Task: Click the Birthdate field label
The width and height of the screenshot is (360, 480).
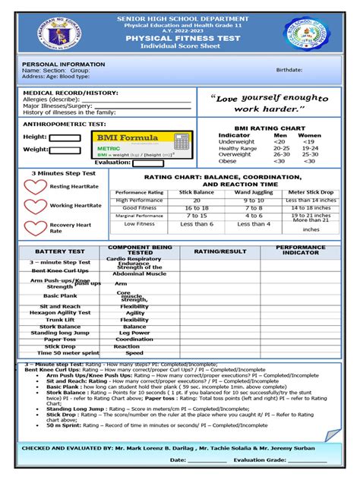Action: pyautogui.click(x=288, y=69)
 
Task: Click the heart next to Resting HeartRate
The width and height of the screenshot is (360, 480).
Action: pyautogui.click(x=35, y=186)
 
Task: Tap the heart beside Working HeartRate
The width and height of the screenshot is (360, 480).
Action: pyautogui.click(x=35, y=206)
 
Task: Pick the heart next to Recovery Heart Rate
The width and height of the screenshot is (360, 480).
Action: pyautogui.click(x=35, y=227)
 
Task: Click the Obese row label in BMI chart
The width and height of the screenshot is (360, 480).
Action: pyautogui.click(x=229, y=160)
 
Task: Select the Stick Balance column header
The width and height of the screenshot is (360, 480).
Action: pyautogui.click(x=196, y=192)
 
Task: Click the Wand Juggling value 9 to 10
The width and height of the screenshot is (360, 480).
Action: pyautogui.click(x=254, y=200)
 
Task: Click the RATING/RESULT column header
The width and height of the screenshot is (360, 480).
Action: pyautogui.click(x=219, y=251)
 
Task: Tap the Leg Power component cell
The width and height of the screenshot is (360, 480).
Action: pyautogui.click(x=134, y=333)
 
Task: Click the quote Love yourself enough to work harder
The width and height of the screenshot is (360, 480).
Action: pyautogui.click(x=271, y=103)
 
